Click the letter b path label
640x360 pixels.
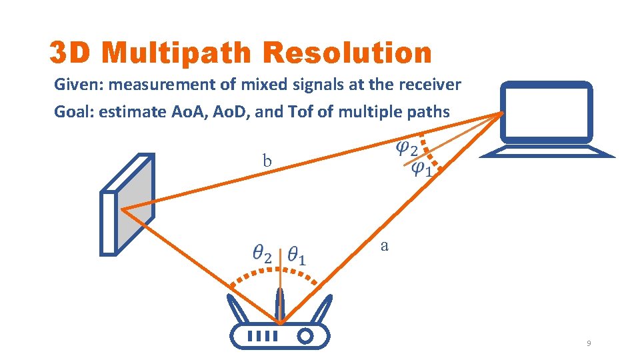267,161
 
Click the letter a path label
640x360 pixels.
384,245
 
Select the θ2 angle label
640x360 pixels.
262,254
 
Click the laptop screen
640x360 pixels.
546,114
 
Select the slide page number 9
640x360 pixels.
589,343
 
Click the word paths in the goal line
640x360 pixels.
429,111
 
